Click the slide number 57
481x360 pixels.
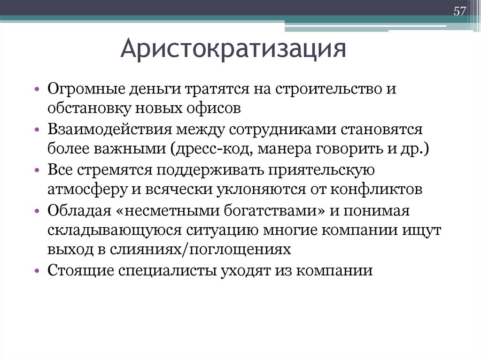(x=459, y=11)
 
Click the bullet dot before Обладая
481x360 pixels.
(x=37, y=211)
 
